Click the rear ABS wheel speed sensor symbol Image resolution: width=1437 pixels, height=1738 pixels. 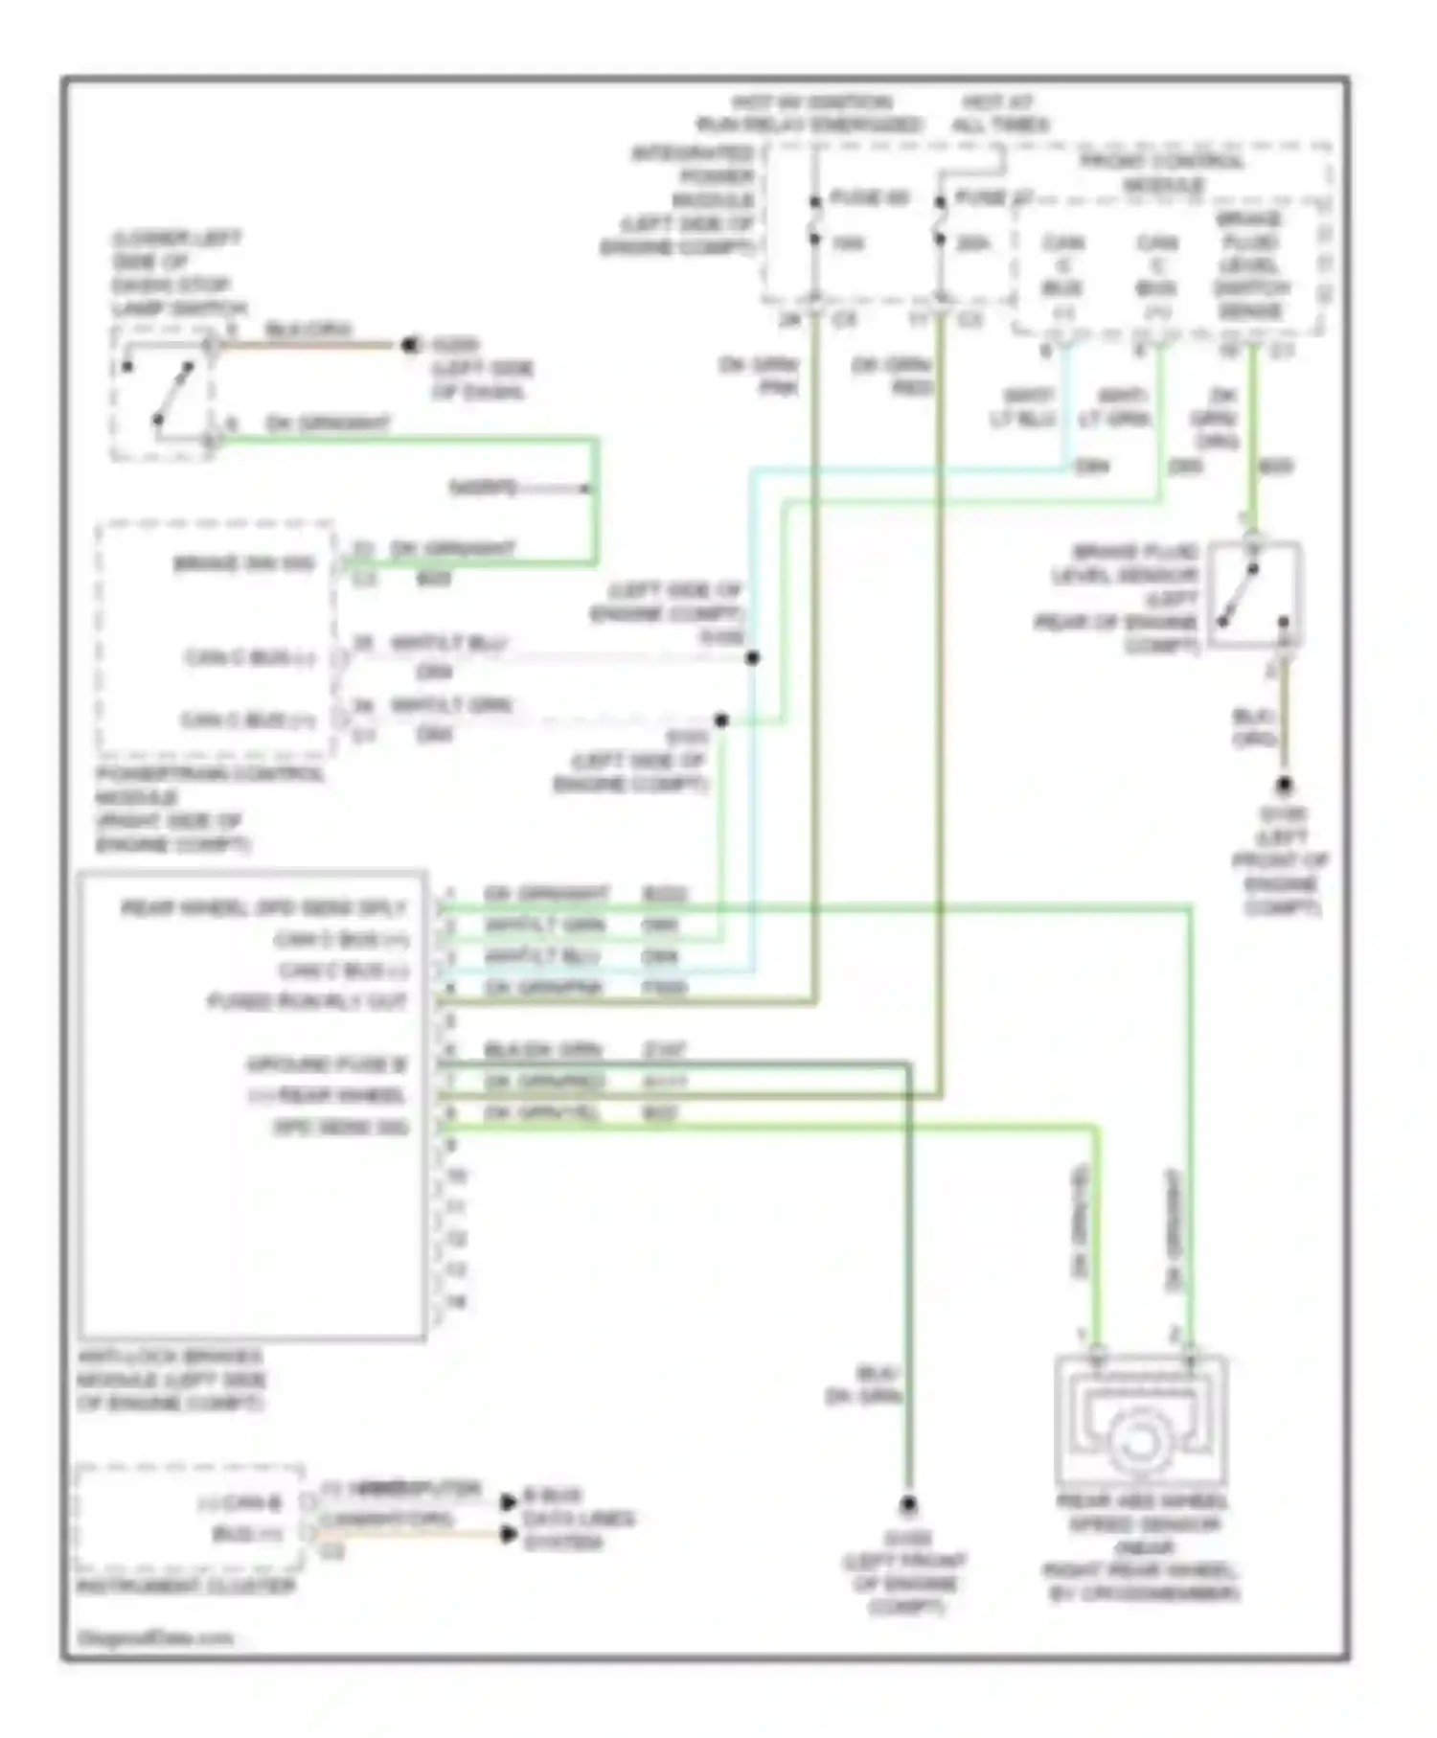[x=1140, y=1422]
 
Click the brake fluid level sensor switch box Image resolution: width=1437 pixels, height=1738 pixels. [x=1254, y=595]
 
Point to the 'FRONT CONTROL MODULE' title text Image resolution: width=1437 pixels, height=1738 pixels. [x=1161, y=172]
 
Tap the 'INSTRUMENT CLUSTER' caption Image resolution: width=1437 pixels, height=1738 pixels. [x=186, y=1587]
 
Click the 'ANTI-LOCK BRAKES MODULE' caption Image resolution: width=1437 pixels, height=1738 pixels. [x=170, y=1380]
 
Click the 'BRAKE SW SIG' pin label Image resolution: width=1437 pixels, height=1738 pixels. [x=244, y=563]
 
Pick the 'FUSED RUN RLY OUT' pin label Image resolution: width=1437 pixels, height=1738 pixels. [x=308, y=1002]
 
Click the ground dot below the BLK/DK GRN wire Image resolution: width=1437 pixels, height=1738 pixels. [x=907, y=1505]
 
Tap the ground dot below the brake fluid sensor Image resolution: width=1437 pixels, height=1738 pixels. [x=1284, y=786]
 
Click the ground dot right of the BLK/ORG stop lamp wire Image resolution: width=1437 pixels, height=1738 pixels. [x=411, y=345]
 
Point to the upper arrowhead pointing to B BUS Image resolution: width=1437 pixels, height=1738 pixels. [x=509, y=1501]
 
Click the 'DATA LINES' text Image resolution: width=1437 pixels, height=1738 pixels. [x=579, y=1519]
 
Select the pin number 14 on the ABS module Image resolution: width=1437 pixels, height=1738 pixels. [x=456, y=1301]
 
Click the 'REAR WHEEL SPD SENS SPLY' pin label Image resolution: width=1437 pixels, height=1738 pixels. [x=263, y=908]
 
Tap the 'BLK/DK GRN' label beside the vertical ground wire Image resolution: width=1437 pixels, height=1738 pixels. [x=863, y=1385]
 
